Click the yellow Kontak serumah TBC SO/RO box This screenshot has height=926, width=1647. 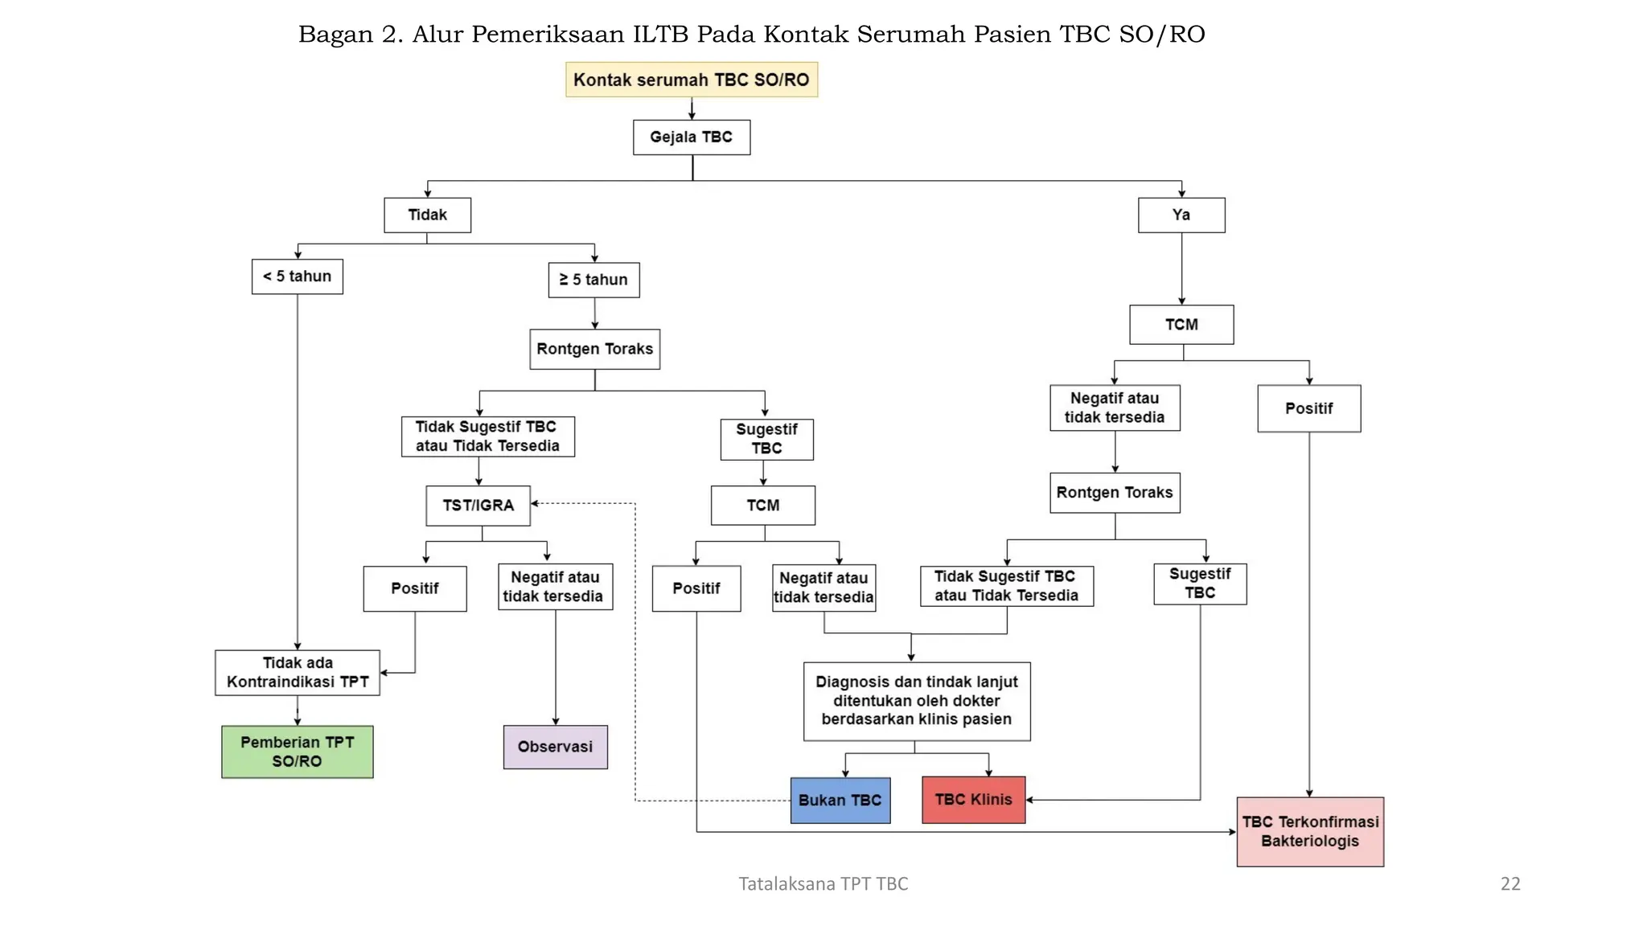coord(691,80)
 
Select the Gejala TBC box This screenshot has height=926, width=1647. coord(691,137)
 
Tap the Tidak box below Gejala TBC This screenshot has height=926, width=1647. coord(427,215)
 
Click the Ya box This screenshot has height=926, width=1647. coord(1181,215)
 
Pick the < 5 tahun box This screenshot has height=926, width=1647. coord(297,277)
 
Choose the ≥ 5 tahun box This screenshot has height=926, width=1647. coord(593,280)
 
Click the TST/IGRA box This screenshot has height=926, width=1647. coord(478,506)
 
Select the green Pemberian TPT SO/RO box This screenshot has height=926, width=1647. coord(297,752)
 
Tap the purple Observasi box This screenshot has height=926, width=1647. coord(555,747)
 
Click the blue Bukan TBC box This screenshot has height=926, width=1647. coord(840,800)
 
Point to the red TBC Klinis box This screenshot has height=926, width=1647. coord(973,800)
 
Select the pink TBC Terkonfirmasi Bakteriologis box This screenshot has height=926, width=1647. coord(1309,831)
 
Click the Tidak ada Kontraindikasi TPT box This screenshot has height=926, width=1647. coord(297,673)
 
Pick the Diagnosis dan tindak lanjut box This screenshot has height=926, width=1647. coord(916,701)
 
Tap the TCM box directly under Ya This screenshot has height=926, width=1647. coord(1181,325)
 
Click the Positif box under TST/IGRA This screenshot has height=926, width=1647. coord(414,588)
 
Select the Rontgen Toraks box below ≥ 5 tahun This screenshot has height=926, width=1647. coord(594,349)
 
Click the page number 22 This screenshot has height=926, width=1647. coord(1509,884)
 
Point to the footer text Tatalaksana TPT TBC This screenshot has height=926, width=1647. coord(823,884)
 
